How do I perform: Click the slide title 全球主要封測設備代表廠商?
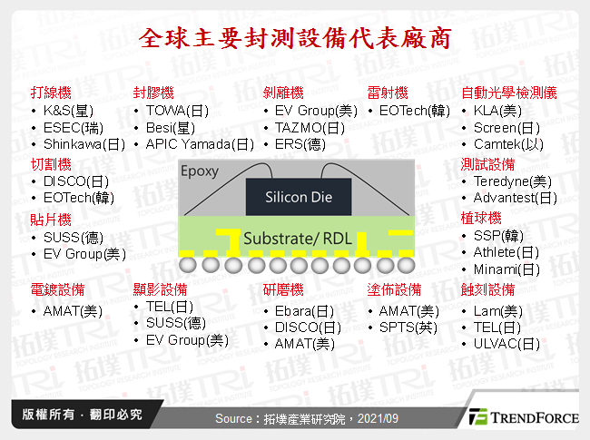pyautogui.click(x=294, y=39)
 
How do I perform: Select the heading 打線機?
pyautogui.click(x=50, y=93)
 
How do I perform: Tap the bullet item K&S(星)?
pyautogui.click(x=67, y=111)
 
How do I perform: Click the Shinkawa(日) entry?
pyautogui.click(x=84, y=144)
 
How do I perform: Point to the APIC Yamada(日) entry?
pyautogui.click(x=200, y=144)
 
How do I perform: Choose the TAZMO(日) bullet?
pyautogui.click(x=310, y=128)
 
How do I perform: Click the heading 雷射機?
pyautogui.click(x=388, y=93)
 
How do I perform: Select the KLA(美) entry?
pyautogui.click(x=497, y=111)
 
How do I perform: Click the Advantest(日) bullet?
pyautogui.click(x=515, y=198)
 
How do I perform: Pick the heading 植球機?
pyautogui.click(x=481, y=219)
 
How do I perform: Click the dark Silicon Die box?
pyautogui.click(x=298, y=197)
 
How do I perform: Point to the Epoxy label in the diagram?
pyautogui.click(x=200, y=171)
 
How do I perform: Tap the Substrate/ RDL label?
pyautogui.click(x=298, y=239)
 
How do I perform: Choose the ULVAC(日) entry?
pyautogui.click(x=506, y=344)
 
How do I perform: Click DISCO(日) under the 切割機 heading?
pyautogui.click(x=75, y=181)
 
